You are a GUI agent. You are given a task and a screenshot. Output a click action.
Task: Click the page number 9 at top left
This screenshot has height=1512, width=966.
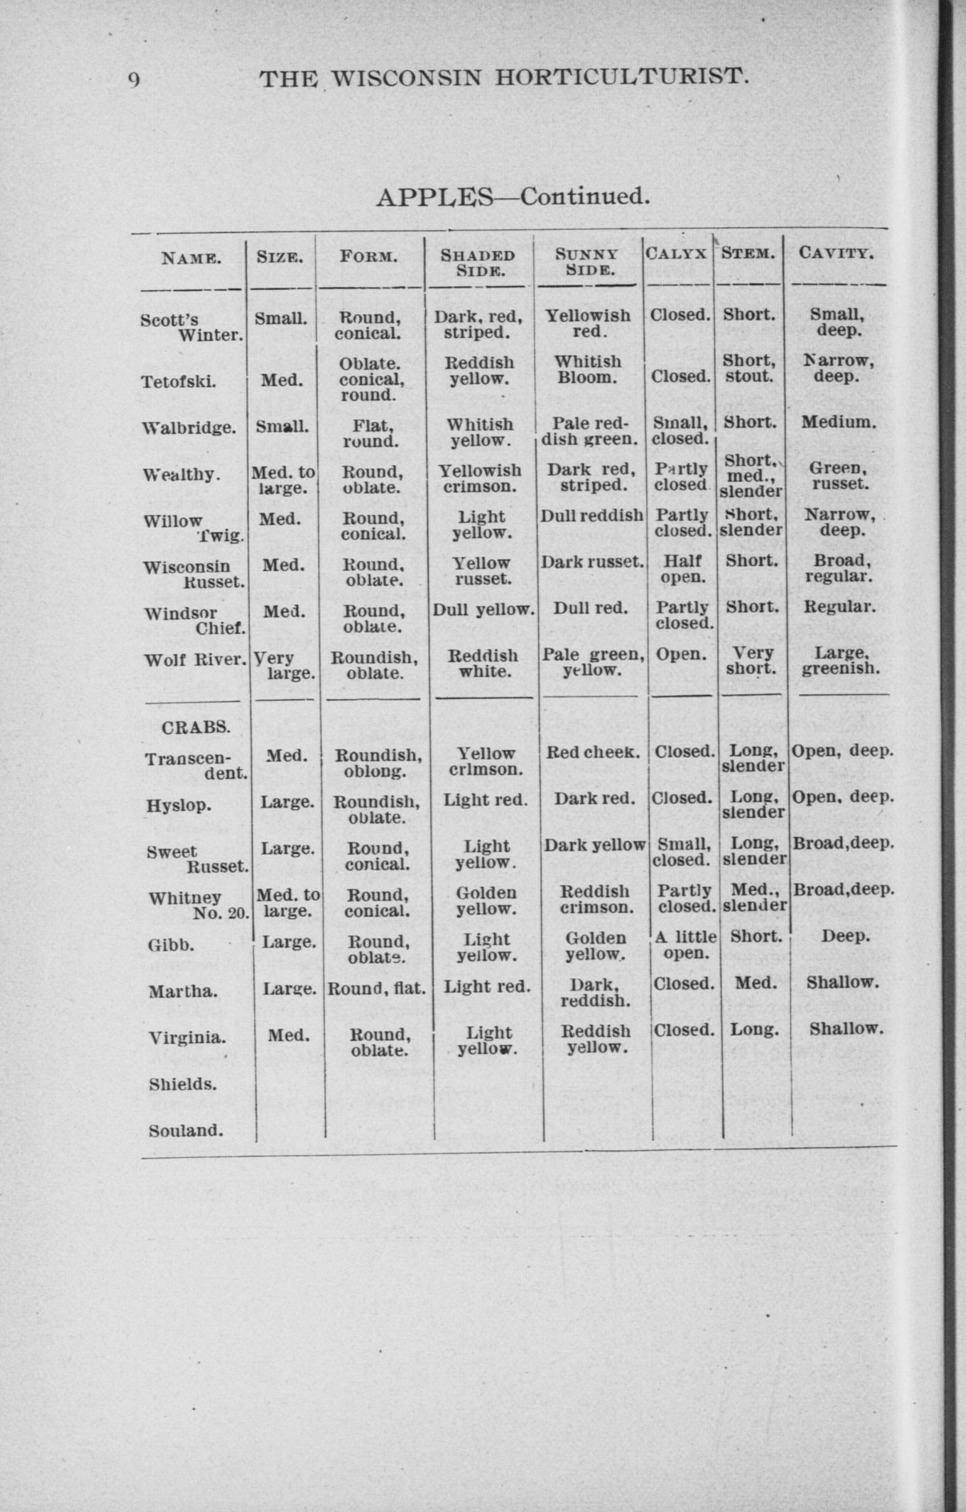pyautogui.click(x=134, y=80)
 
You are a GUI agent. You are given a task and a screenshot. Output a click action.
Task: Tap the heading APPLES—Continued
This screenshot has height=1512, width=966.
pyautogui.click(x=512, y=197)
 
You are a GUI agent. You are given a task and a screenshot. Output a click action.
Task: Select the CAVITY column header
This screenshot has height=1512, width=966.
pyautogui.click(x=836, y=253)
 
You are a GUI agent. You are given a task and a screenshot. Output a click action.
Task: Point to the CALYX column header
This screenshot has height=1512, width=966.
pyautogui.click(x=677, y=253)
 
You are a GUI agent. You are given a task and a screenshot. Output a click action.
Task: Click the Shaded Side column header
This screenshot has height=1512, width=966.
pyautogui.click(x=478, y=263)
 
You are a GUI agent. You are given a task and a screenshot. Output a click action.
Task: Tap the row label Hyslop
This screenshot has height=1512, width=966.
pyautogui.click(x=178, y=805)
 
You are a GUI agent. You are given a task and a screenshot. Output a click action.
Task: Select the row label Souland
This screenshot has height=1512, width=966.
pyautogui.click(x=186, y=1131)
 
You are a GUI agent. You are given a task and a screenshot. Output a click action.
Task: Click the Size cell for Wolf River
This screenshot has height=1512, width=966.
pyautogui.click(x=284, y=666)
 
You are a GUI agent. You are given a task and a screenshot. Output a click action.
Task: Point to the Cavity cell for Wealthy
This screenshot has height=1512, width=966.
pyautogui.click(x=838, y=476)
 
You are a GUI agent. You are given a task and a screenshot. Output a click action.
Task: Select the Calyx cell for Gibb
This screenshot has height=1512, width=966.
pyautogui.click(x=686, y=945)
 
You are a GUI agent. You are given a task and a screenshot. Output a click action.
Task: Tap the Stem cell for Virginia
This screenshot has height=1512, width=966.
pyautogui.click(x=754, y=1030)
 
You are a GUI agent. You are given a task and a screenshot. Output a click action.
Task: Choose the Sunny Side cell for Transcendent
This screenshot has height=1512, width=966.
pyautogui.click(x=593, y=752)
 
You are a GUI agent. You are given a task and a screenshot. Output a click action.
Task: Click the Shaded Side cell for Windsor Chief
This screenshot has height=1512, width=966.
pyautogui.click(x=483, y=609)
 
